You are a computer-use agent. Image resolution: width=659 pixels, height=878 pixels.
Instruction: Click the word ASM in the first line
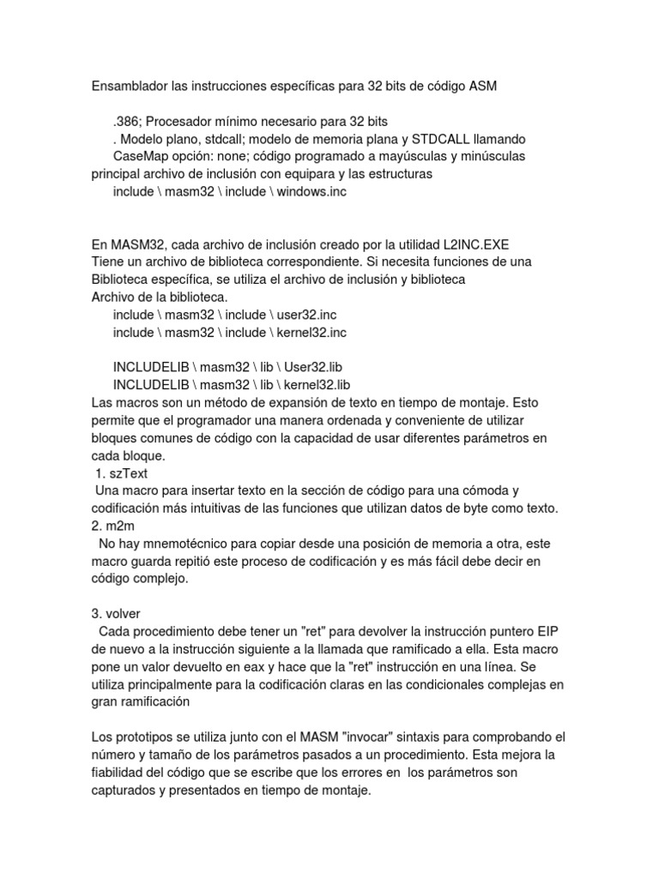tap(479, 87)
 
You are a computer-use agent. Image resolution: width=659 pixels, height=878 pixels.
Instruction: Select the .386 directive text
tap(127, 122)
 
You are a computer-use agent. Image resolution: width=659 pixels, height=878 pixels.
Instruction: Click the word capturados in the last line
tap(129, 791)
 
